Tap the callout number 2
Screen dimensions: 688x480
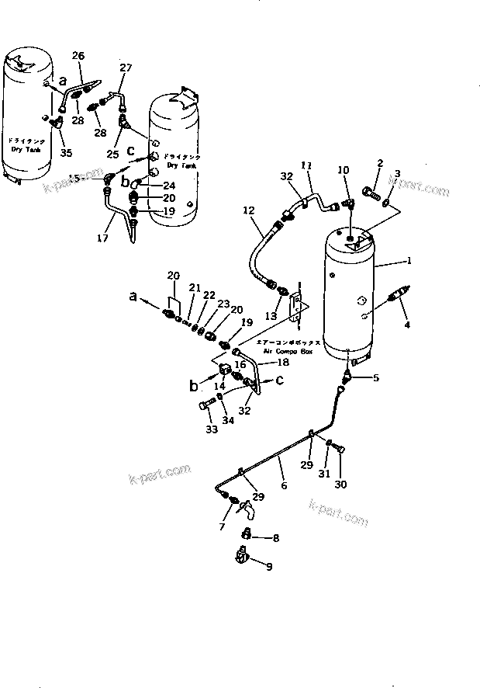[x=380, y=163]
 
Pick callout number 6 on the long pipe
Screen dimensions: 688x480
[x=284, y=485]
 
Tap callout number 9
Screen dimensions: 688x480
[x=268, y=567]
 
